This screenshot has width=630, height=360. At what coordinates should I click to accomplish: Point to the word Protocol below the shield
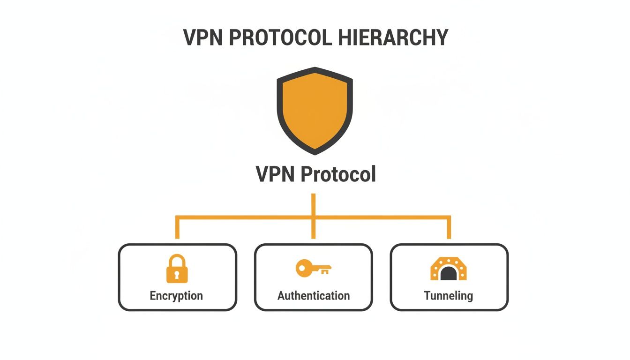(337, 174)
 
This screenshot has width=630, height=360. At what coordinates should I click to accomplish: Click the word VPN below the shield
(276, 174)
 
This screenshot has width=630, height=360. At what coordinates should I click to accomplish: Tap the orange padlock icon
(177, 269)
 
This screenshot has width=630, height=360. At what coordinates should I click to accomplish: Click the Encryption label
(176, 296)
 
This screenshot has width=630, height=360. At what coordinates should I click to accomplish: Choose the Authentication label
(314, 296)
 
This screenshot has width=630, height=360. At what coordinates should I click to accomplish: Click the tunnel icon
(449, 269)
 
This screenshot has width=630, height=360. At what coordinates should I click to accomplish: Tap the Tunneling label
(449, 296)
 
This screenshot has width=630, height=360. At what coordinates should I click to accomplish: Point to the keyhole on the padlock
(177, 274)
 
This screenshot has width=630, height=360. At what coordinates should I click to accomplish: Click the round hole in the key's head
(302, 268)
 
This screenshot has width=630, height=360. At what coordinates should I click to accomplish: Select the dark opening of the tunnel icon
(449, 273)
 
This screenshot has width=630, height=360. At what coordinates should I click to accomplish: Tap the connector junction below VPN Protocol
(314, 217)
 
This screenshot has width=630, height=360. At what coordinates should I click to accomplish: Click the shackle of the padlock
(177, 260)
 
